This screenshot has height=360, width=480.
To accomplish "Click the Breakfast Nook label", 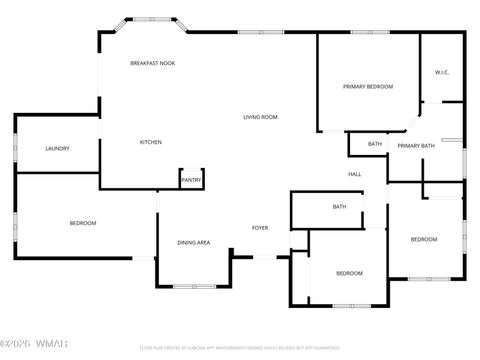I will pos(152,63).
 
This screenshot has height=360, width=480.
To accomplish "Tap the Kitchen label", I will pos(150,142).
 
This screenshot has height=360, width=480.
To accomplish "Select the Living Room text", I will pos(260,117).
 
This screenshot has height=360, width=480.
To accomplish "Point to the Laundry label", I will pos(57,149).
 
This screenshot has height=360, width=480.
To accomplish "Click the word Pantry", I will pos(191,181).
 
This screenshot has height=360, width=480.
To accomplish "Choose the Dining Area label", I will pos(193,243).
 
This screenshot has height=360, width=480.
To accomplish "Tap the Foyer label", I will pos(260,228).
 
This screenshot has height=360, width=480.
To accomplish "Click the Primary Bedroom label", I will pos(368,87).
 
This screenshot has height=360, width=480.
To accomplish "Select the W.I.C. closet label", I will pos(442,72).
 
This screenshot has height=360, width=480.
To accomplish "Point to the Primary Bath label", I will pos(415,147).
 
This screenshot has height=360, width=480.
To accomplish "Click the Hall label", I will pos(354,175).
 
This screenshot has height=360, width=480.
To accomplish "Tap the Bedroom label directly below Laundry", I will pos(82,223).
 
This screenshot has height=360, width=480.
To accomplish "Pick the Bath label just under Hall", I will pos(339,207).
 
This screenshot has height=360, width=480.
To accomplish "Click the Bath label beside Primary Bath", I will pos(375,144).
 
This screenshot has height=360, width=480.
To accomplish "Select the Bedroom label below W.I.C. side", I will pos(424,239).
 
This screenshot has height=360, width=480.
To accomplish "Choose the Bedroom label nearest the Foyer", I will pos(348,274).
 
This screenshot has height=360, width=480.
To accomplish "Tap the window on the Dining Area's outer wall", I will pos(194,286).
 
